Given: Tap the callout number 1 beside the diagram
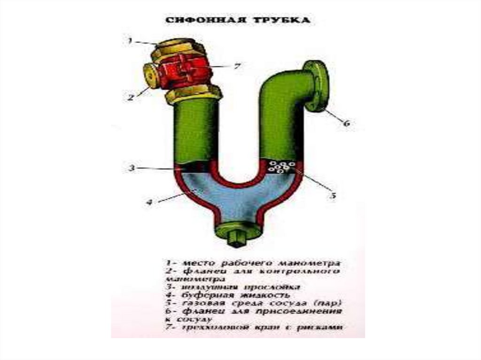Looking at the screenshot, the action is [130, 41].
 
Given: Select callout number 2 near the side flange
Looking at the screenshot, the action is [131, 98].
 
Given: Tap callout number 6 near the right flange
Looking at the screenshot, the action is [346, 124].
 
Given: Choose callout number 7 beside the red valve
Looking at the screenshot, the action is [237, 67].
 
